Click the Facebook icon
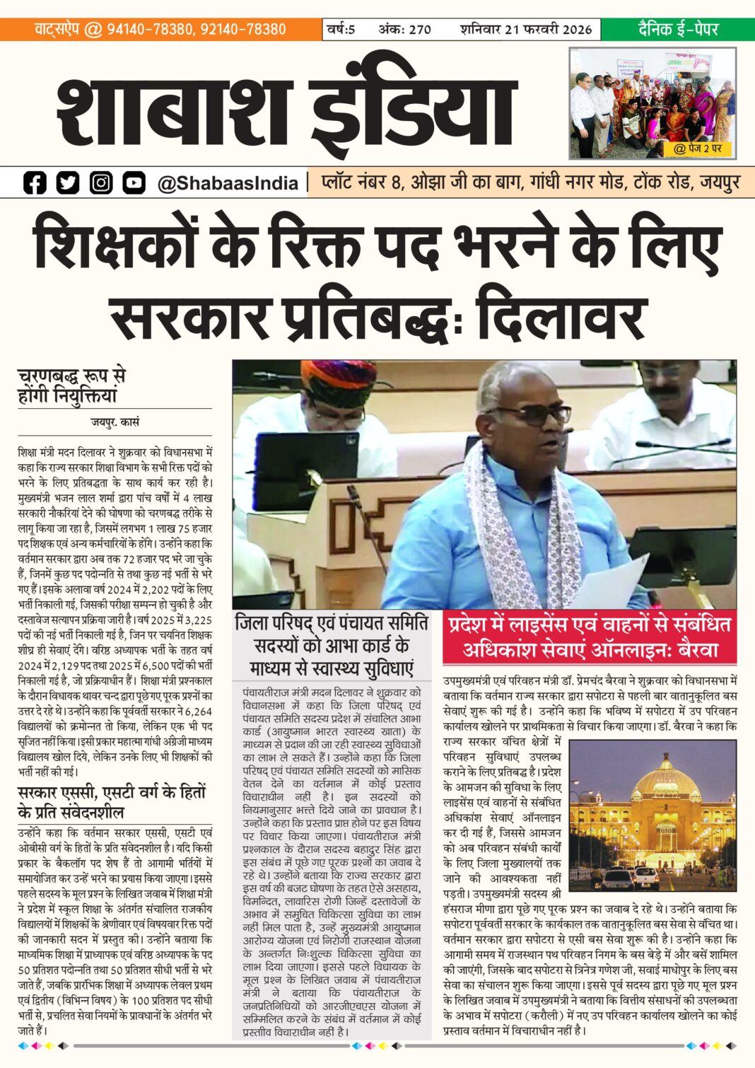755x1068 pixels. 35,183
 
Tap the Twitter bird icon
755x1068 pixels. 68,183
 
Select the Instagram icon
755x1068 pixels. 101,183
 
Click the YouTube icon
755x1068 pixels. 134,183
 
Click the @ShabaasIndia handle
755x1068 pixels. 228,184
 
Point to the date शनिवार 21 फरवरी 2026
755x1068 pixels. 526,29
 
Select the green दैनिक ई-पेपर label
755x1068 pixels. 678,29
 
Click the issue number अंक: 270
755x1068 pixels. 404,29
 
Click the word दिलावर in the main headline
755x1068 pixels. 562,318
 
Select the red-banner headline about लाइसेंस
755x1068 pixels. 590,637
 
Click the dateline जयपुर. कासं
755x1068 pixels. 115,422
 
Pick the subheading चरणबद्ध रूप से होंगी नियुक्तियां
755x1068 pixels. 71,385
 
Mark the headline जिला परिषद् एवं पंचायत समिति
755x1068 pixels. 332,623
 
